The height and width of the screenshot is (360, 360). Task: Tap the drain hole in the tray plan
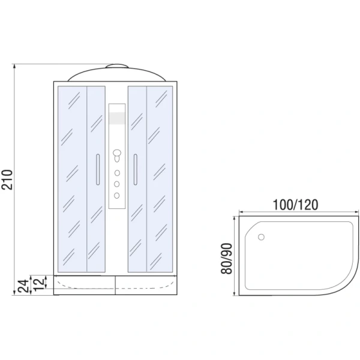coord(261,237)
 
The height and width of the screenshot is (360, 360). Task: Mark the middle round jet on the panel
coord(116,183)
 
